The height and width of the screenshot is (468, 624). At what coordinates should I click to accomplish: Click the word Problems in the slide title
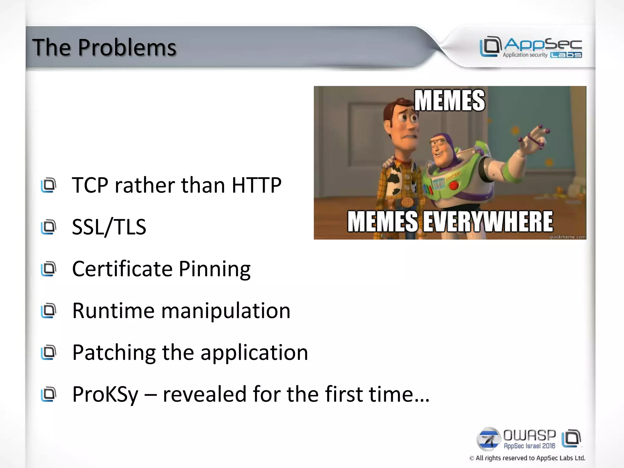click(127, 48)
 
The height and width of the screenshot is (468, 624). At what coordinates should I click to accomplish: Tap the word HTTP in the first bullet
click(256, 185)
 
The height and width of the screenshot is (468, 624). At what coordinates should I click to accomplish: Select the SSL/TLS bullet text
click(109, 227)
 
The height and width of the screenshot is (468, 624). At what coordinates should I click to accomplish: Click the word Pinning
click(214, 269)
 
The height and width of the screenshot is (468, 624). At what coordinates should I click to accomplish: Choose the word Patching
click(114, 353)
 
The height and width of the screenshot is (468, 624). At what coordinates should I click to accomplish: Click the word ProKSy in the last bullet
click(105, 395)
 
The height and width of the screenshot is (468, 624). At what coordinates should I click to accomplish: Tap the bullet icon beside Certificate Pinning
click(49, 269)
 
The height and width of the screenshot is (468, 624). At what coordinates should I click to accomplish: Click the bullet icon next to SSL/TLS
click(49, 227)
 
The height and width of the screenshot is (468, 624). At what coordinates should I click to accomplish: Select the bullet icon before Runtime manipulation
click(49, 311)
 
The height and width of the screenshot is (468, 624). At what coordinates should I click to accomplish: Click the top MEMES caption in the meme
click(449, 101)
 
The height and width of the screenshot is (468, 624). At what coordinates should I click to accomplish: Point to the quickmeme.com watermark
click(567, 237)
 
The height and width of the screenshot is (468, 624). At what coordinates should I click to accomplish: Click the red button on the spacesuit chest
click(454, 185)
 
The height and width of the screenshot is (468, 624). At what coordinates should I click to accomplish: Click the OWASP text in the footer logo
click(530, 436)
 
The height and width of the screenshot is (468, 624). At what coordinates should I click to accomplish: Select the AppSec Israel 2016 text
click(530, 446)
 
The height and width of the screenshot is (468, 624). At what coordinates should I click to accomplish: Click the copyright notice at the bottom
click(527, 458)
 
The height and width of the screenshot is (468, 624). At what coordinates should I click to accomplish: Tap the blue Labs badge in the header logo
click(566, 55)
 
